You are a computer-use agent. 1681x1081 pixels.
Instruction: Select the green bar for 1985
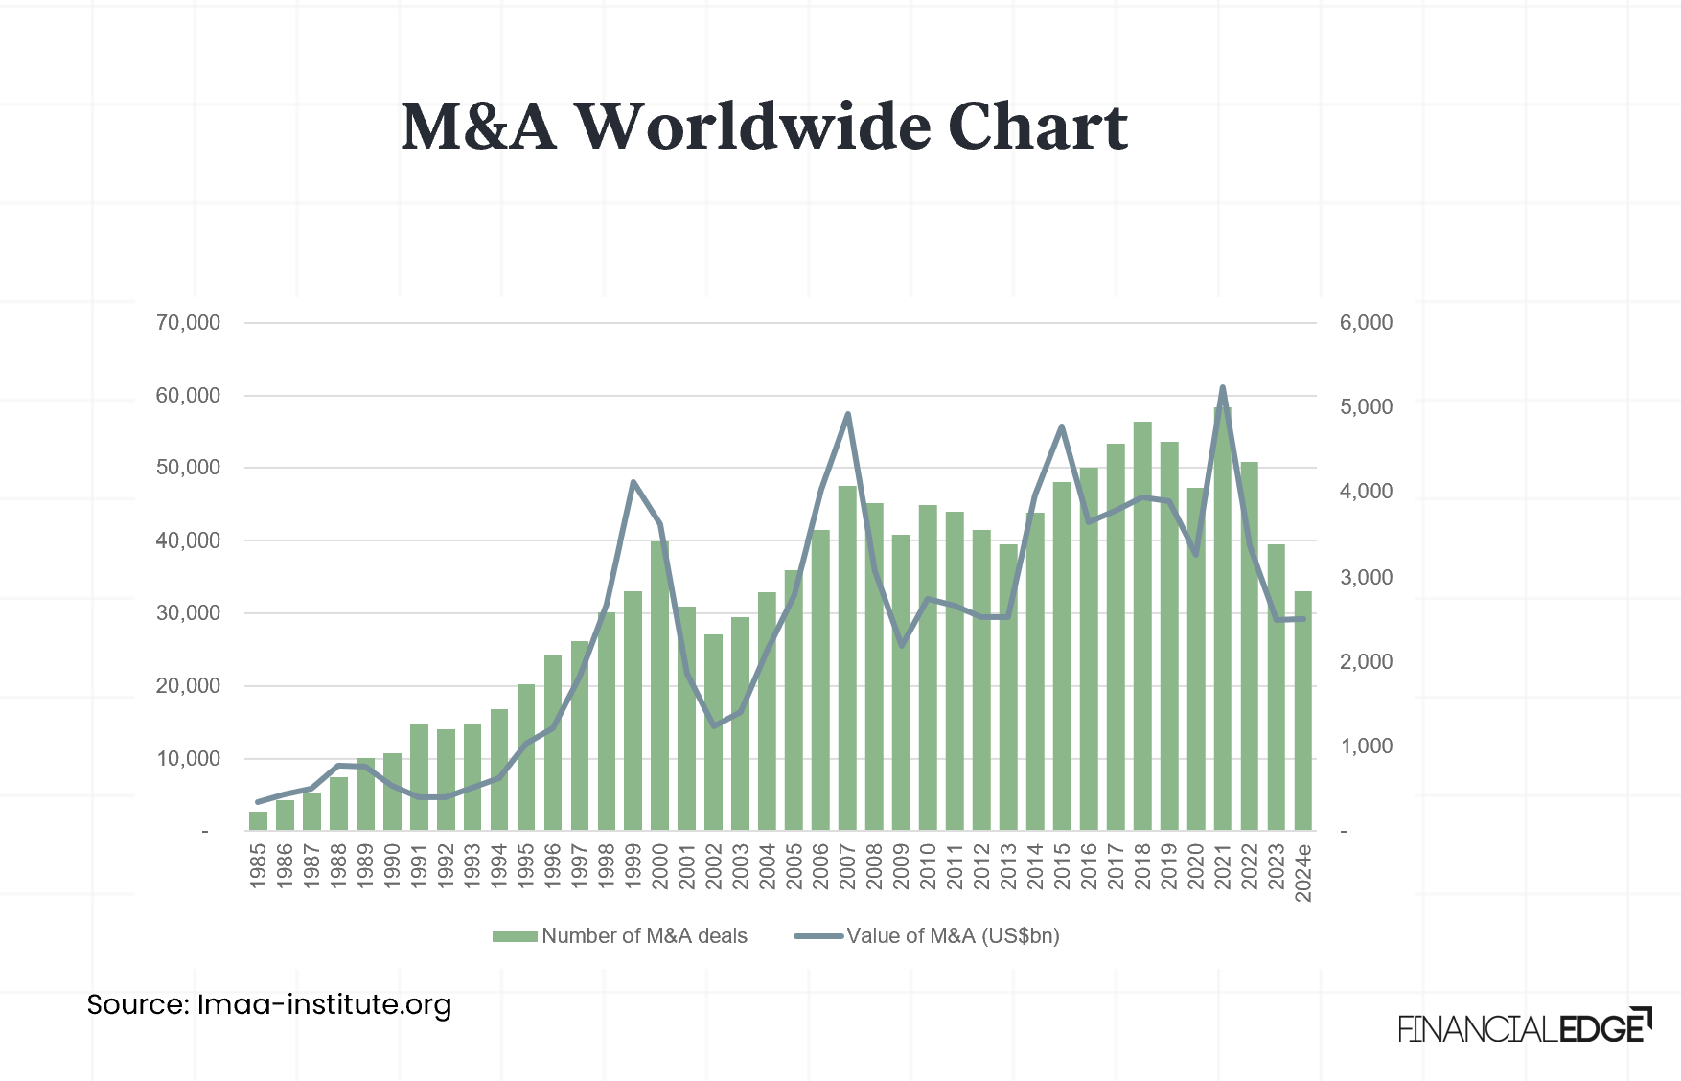click(258, 821)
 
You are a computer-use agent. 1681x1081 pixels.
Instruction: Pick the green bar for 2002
click(713, 732)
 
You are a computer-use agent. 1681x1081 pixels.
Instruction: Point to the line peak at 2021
click(1222, 388)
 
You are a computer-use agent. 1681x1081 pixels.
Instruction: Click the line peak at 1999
click(633, 482)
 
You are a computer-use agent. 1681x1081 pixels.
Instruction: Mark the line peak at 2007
click(847, 415)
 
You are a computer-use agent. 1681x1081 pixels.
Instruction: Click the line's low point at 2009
click(901, 645)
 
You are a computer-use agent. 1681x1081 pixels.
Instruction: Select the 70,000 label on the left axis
click(188, 323)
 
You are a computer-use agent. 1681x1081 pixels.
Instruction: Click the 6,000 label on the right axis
click(1366, 323)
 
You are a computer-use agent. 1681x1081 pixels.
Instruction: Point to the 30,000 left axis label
click(188, 613)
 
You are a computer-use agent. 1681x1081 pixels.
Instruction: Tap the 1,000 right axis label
click(1366, 747)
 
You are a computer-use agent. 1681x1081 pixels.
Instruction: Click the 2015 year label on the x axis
click(1062, 866)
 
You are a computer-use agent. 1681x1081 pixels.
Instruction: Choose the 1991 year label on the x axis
click(419, 866)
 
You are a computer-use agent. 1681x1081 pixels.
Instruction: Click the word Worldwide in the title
click(752, 126)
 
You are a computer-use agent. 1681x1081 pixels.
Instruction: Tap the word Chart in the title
click(1037, 126)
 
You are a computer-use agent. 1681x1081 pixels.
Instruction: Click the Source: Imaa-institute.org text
click(269, 1004)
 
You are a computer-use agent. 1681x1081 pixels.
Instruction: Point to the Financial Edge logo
click(1524, 1027)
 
